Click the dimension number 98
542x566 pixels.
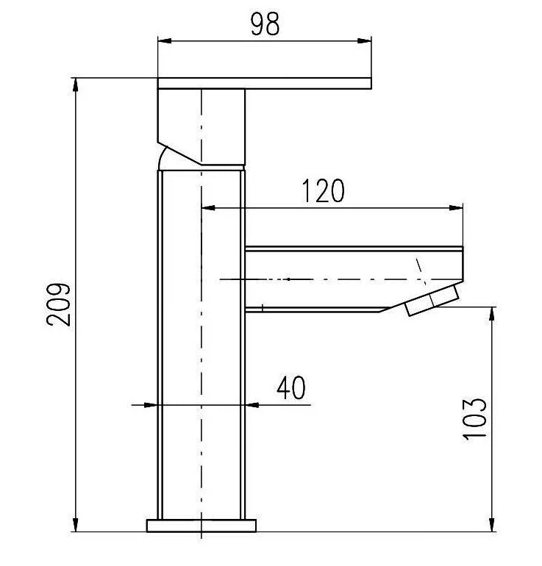pos(265,24)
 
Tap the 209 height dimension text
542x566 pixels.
pos(59,305)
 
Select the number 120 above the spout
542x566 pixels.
pos(323,190)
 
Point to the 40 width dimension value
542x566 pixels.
pos(291,387)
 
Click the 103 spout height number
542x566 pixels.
pos(474,419)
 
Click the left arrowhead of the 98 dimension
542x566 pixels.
pos(164,40)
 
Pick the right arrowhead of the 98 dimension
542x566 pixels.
pos(364,40)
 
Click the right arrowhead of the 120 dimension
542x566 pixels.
pos(456,208)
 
